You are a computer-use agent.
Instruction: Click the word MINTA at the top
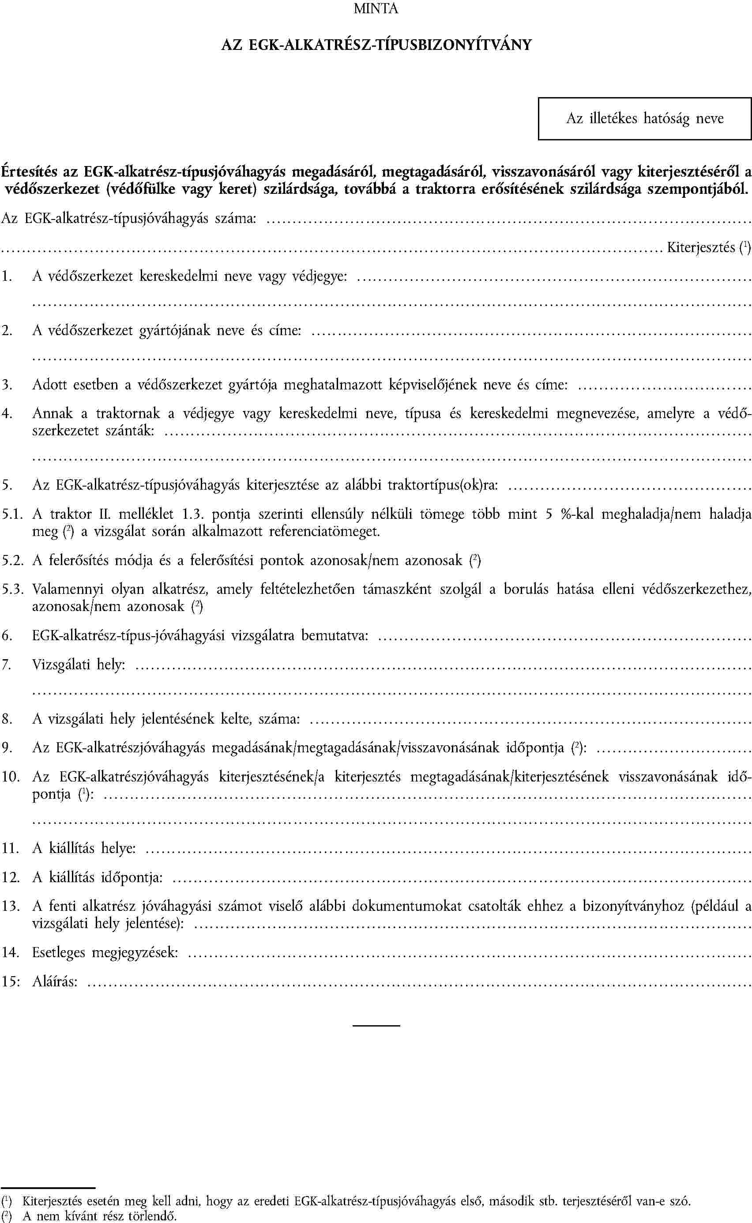coord(376,9)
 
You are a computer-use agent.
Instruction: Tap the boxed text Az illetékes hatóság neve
coord(645,118)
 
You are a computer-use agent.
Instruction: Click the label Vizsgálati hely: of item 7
coord(79,664)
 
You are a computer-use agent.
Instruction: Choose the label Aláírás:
coord(55,981)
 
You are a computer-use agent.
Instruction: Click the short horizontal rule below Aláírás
coord(376,1026)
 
